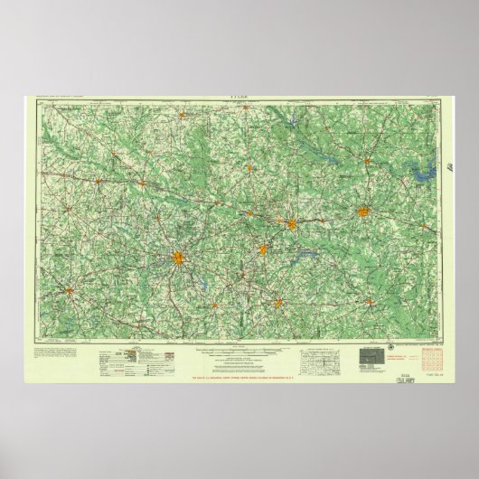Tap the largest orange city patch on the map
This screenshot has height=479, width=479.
coord(179,260)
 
